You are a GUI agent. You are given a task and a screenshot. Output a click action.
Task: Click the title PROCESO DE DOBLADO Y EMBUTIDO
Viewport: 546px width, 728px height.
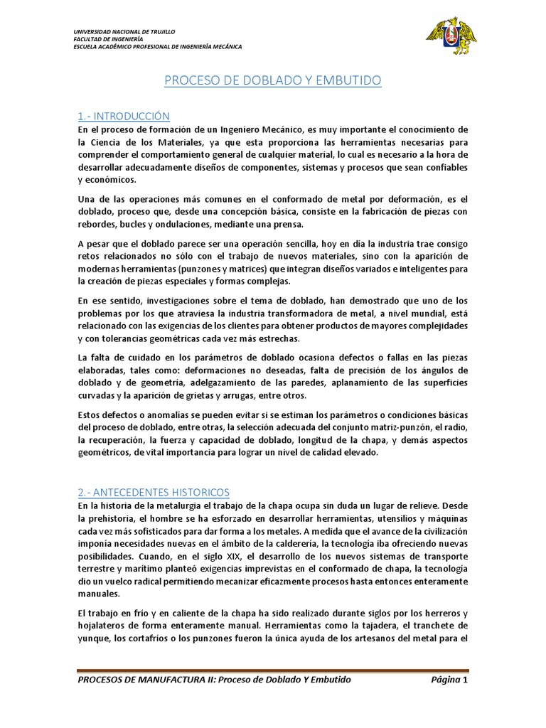pyautogui.click(x=273, y=81)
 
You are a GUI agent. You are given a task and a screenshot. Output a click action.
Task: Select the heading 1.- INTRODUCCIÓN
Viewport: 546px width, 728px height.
pyautogui.click(x=124, y=116)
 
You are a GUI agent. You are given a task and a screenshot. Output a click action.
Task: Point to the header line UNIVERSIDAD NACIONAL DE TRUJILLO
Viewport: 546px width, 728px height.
pyautogui.click(x=124, y=32)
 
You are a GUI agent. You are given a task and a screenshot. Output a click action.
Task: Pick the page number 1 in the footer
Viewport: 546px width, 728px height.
pyautogui.click(x=465, y=680)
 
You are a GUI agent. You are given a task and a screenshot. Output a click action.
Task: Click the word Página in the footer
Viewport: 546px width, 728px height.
pyautogui.click(x=446, y=680)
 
